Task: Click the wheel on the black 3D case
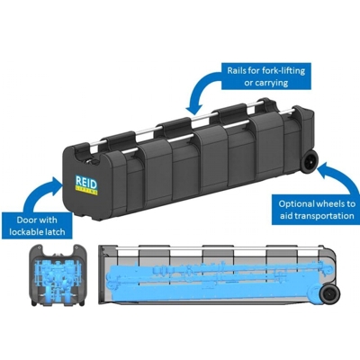(310, 162)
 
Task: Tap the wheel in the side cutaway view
(328, 293)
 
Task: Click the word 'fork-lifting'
(285, 71)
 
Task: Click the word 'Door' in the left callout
(27, 220)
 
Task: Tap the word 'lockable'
(28, 231)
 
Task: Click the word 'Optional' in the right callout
(297, 204)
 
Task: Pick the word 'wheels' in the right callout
(330, 204)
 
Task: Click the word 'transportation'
(322, 216)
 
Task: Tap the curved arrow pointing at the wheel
(340, 177)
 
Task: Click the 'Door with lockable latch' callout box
(37, 226)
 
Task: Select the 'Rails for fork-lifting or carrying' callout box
(266, 76)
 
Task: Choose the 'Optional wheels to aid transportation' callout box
(317, 210)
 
